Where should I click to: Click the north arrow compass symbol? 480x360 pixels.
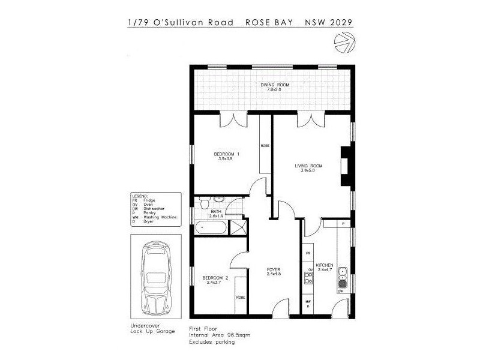(344, 41)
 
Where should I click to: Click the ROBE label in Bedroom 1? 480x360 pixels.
(264, 146)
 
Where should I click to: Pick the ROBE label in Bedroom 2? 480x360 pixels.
(240, 297)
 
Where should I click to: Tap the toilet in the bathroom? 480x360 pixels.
(204, 202)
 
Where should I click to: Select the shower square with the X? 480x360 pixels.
(238, 228)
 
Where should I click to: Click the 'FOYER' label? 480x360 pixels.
(274, 271)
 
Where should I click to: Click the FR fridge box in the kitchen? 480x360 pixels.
(308, 254)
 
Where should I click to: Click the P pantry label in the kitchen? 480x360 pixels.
(343, 223)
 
